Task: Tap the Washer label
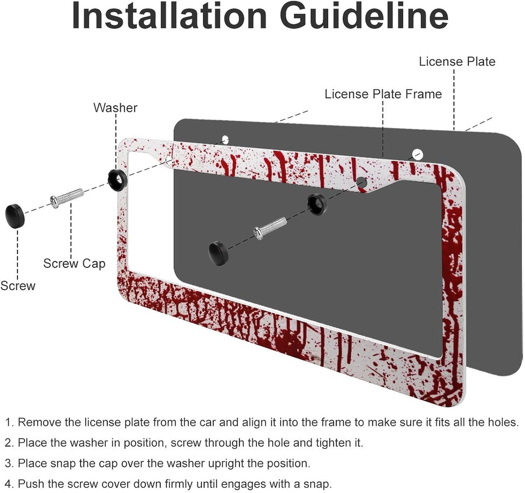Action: point(115,108)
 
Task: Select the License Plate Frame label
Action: point(383,94)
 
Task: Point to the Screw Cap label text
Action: point(74,263)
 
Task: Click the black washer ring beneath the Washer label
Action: point(118,180)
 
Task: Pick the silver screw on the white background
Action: point(67,198)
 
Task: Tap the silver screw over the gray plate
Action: point(270,228)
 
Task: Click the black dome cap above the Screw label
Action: point(15,216)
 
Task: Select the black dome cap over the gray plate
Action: point(218,253)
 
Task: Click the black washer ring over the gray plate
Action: point(317,204)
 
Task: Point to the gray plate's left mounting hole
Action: point(225,139)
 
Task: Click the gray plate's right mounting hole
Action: point(418,154)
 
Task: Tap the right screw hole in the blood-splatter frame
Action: point(362,182)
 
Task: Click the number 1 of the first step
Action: point(8,422)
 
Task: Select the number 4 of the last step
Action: point(8,484)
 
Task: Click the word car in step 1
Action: point(208,422)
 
